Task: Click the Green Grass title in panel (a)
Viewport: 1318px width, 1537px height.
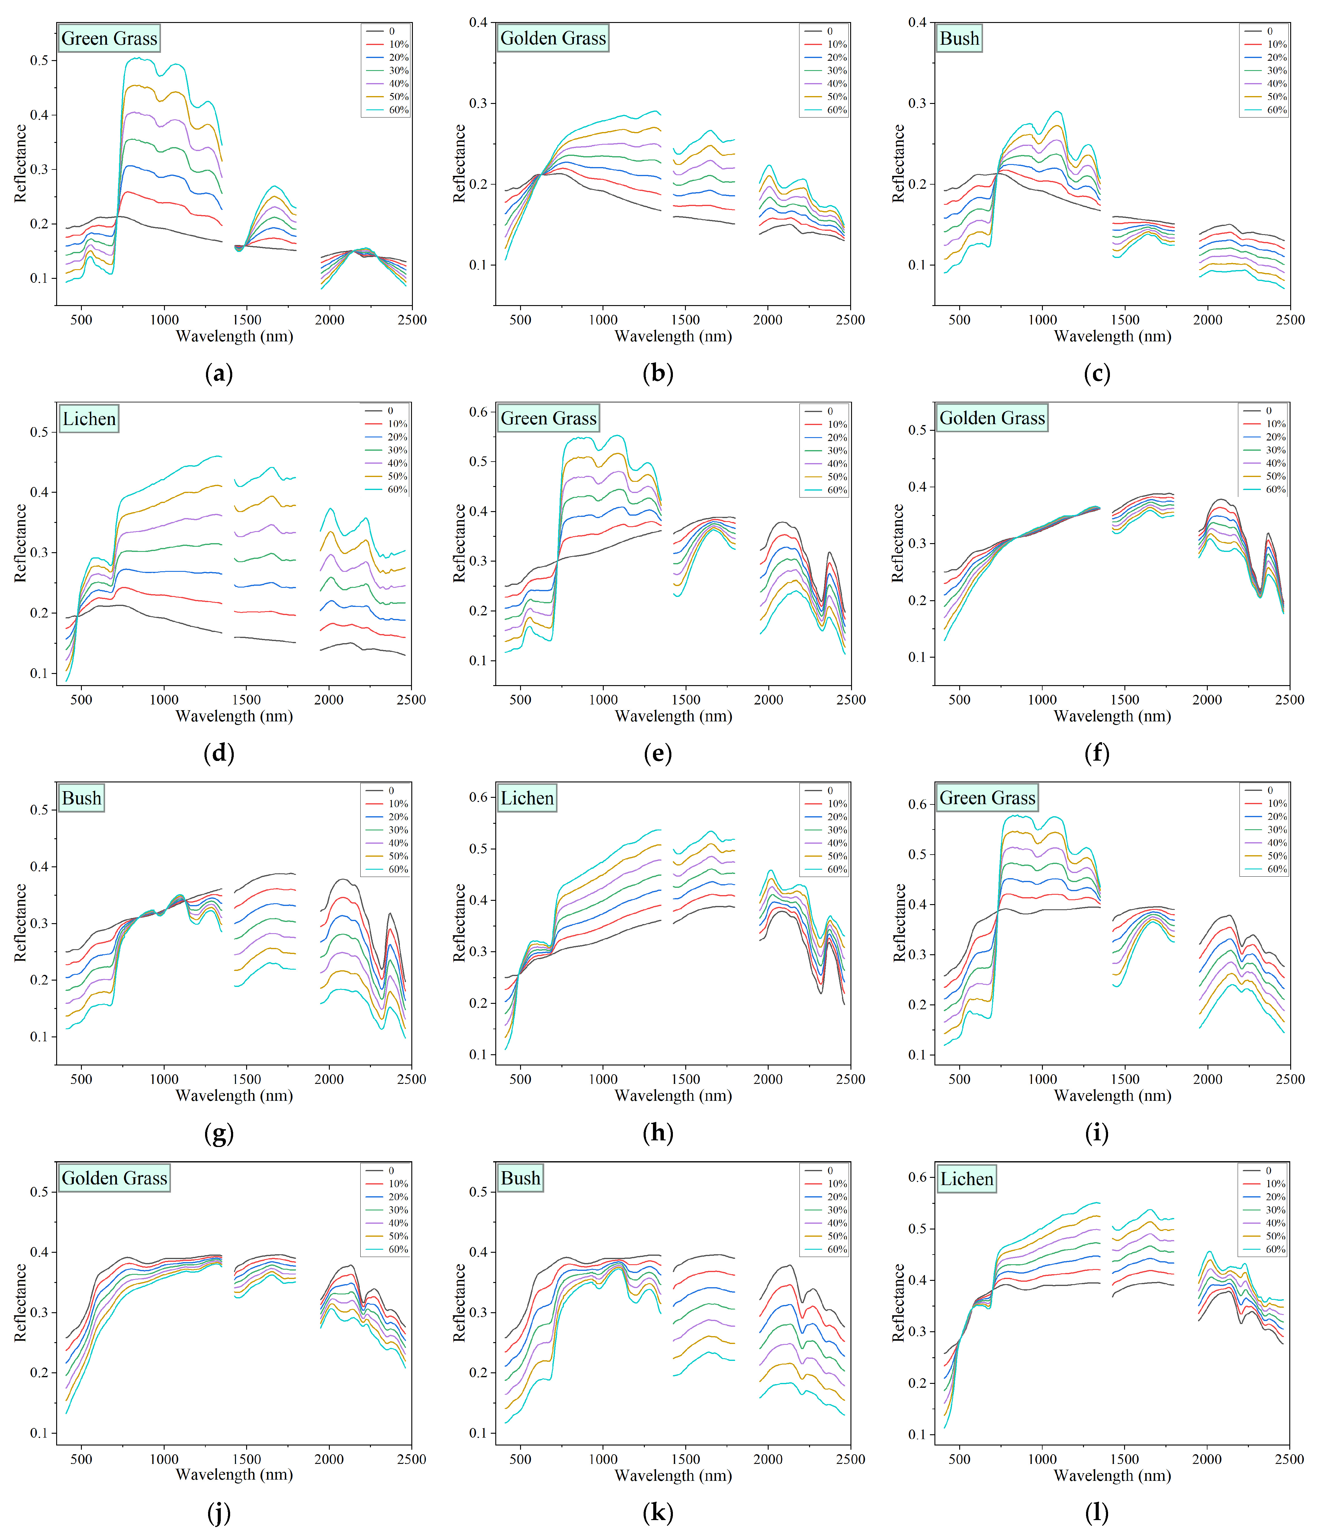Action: click(109, 39)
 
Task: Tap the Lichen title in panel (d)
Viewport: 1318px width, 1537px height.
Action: click(89, 419)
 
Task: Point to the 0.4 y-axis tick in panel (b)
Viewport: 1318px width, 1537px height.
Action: click(478, 22)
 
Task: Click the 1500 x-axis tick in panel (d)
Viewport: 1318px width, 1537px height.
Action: click(246, 700)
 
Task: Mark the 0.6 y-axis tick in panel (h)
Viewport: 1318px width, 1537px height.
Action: click(478, 797)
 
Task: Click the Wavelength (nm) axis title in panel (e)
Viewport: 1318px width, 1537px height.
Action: click(673, 716)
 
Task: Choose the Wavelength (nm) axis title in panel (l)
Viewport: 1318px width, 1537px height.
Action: click(1112, 1475)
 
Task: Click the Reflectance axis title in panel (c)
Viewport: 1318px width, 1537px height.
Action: click(898, 163)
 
